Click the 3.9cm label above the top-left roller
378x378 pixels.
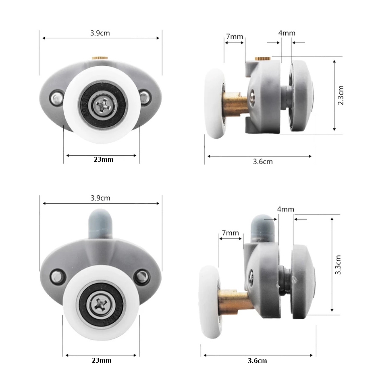click(x=100, y=33)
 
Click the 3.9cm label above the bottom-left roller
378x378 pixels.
click(x=100, y=198)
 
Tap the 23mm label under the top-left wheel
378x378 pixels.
click(x=104, y=159)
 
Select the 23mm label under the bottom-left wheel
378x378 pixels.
click(x=102, y=360)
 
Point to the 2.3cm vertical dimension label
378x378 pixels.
click(x=341, y=95)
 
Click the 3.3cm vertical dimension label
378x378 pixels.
click(x=338, y=265)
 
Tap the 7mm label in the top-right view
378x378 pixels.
click(x=235, y=36)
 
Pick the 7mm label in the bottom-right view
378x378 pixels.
click(x=230, y=233)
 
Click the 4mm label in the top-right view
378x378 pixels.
click(x=287, y=33)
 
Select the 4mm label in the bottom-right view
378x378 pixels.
click(x=286, y=209)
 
